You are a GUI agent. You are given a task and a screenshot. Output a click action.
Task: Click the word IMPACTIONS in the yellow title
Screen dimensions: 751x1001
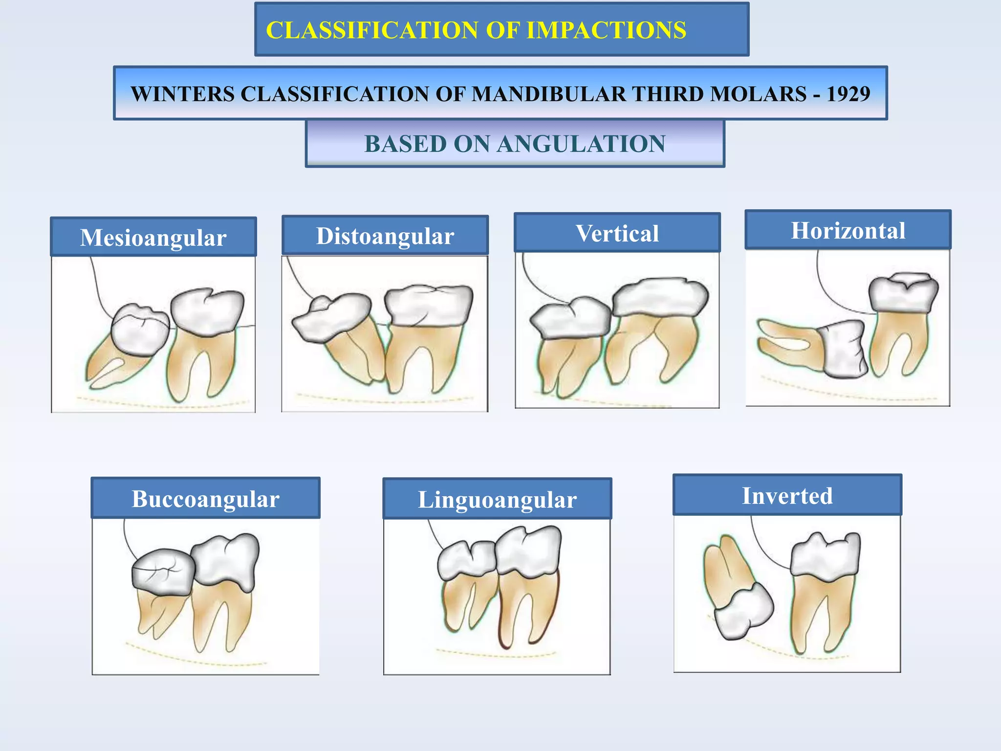[606, 30]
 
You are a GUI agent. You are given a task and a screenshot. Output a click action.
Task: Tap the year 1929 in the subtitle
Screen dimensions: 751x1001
[849, 94]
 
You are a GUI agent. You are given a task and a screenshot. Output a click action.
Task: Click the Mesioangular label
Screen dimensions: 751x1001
[153, 238]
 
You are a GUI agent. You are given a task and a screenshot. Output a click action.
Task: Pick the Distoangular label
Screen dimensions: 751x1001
[385, 236]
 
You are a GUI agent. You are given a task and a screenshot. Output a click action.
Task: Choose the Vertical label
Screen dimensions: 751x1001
[617, 234]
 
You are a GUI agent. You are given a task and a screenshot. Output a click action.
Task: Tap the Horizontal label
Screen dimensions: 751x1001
[848, 231]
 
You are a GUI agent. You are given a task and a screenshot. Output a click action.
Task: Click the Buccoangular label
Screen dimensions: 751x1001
[205, 499]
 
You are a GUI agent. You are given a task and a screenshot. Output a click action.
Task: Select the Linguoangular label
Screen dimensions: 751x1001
[497, 500]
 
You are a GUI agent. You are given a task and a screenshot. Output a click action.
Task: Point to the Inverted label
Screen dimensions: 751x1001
[787, 496]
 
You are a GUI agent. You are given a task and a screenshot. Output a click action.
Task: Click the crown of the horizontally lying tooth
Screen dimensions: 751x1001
[843, 350]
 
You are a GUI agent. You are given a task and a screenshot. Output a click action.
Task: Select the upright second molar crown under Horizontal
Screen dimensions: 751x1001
[903, 293]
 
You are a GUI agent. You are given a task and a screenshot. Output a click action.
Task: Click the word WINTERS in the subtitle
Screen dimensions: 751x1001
[182, 94]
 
